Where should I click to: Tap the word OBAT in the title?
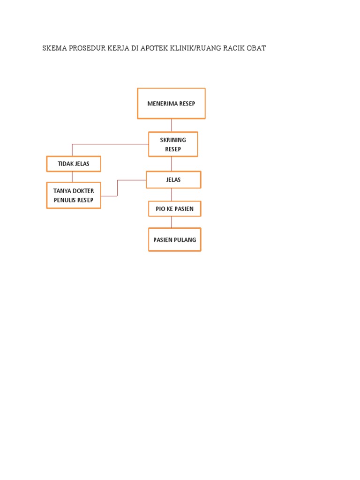coord(256,48)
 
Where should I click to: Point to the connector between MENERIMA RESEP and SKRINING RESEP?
coord(172,126)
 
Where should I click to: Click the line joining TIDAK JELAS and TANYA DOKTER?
coord(72,177)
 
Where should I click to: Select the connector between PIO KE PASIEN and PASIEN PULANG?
coord(172,222)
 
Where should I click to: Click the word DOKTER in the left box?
coord(83,191)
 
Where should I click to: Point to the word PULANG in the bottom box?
coord(185,240)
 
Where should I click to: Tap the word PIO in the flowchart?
coord(160,209)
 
